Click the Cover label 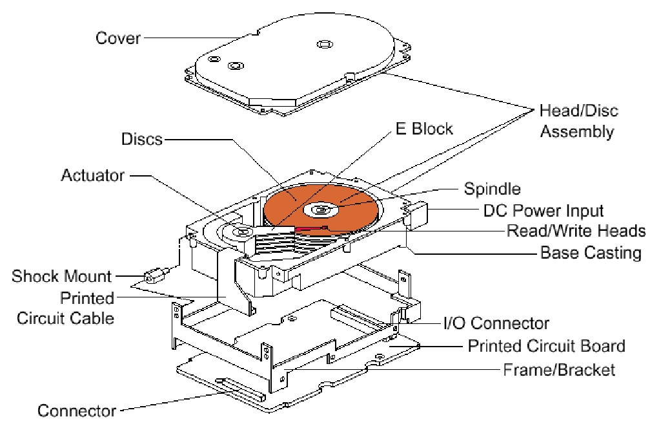[x=117, y=38]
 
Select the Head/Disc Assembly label [x=578, y=121]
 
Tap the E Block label [x=423, y=128]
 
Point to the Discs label [x=141, y=138]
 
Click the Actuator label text [x=93, y=175]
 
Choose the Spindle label [x=492, y=189]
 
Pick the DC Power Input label [x=544, y=211]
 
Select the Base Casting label [x=591, y=252]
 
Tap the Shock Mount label [x=62, y=277]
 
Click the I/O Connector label [x=496, y=323]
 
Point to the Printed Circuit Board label [x=546, y=346]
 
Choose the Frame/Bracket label [x=559, y=370]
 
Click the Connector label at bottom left [x=77, y=411]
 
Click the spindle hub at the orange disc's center [x=321, y=209]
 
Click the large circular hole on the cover [x=323, y=44]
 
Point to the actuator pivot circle [x=244, y=231]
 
